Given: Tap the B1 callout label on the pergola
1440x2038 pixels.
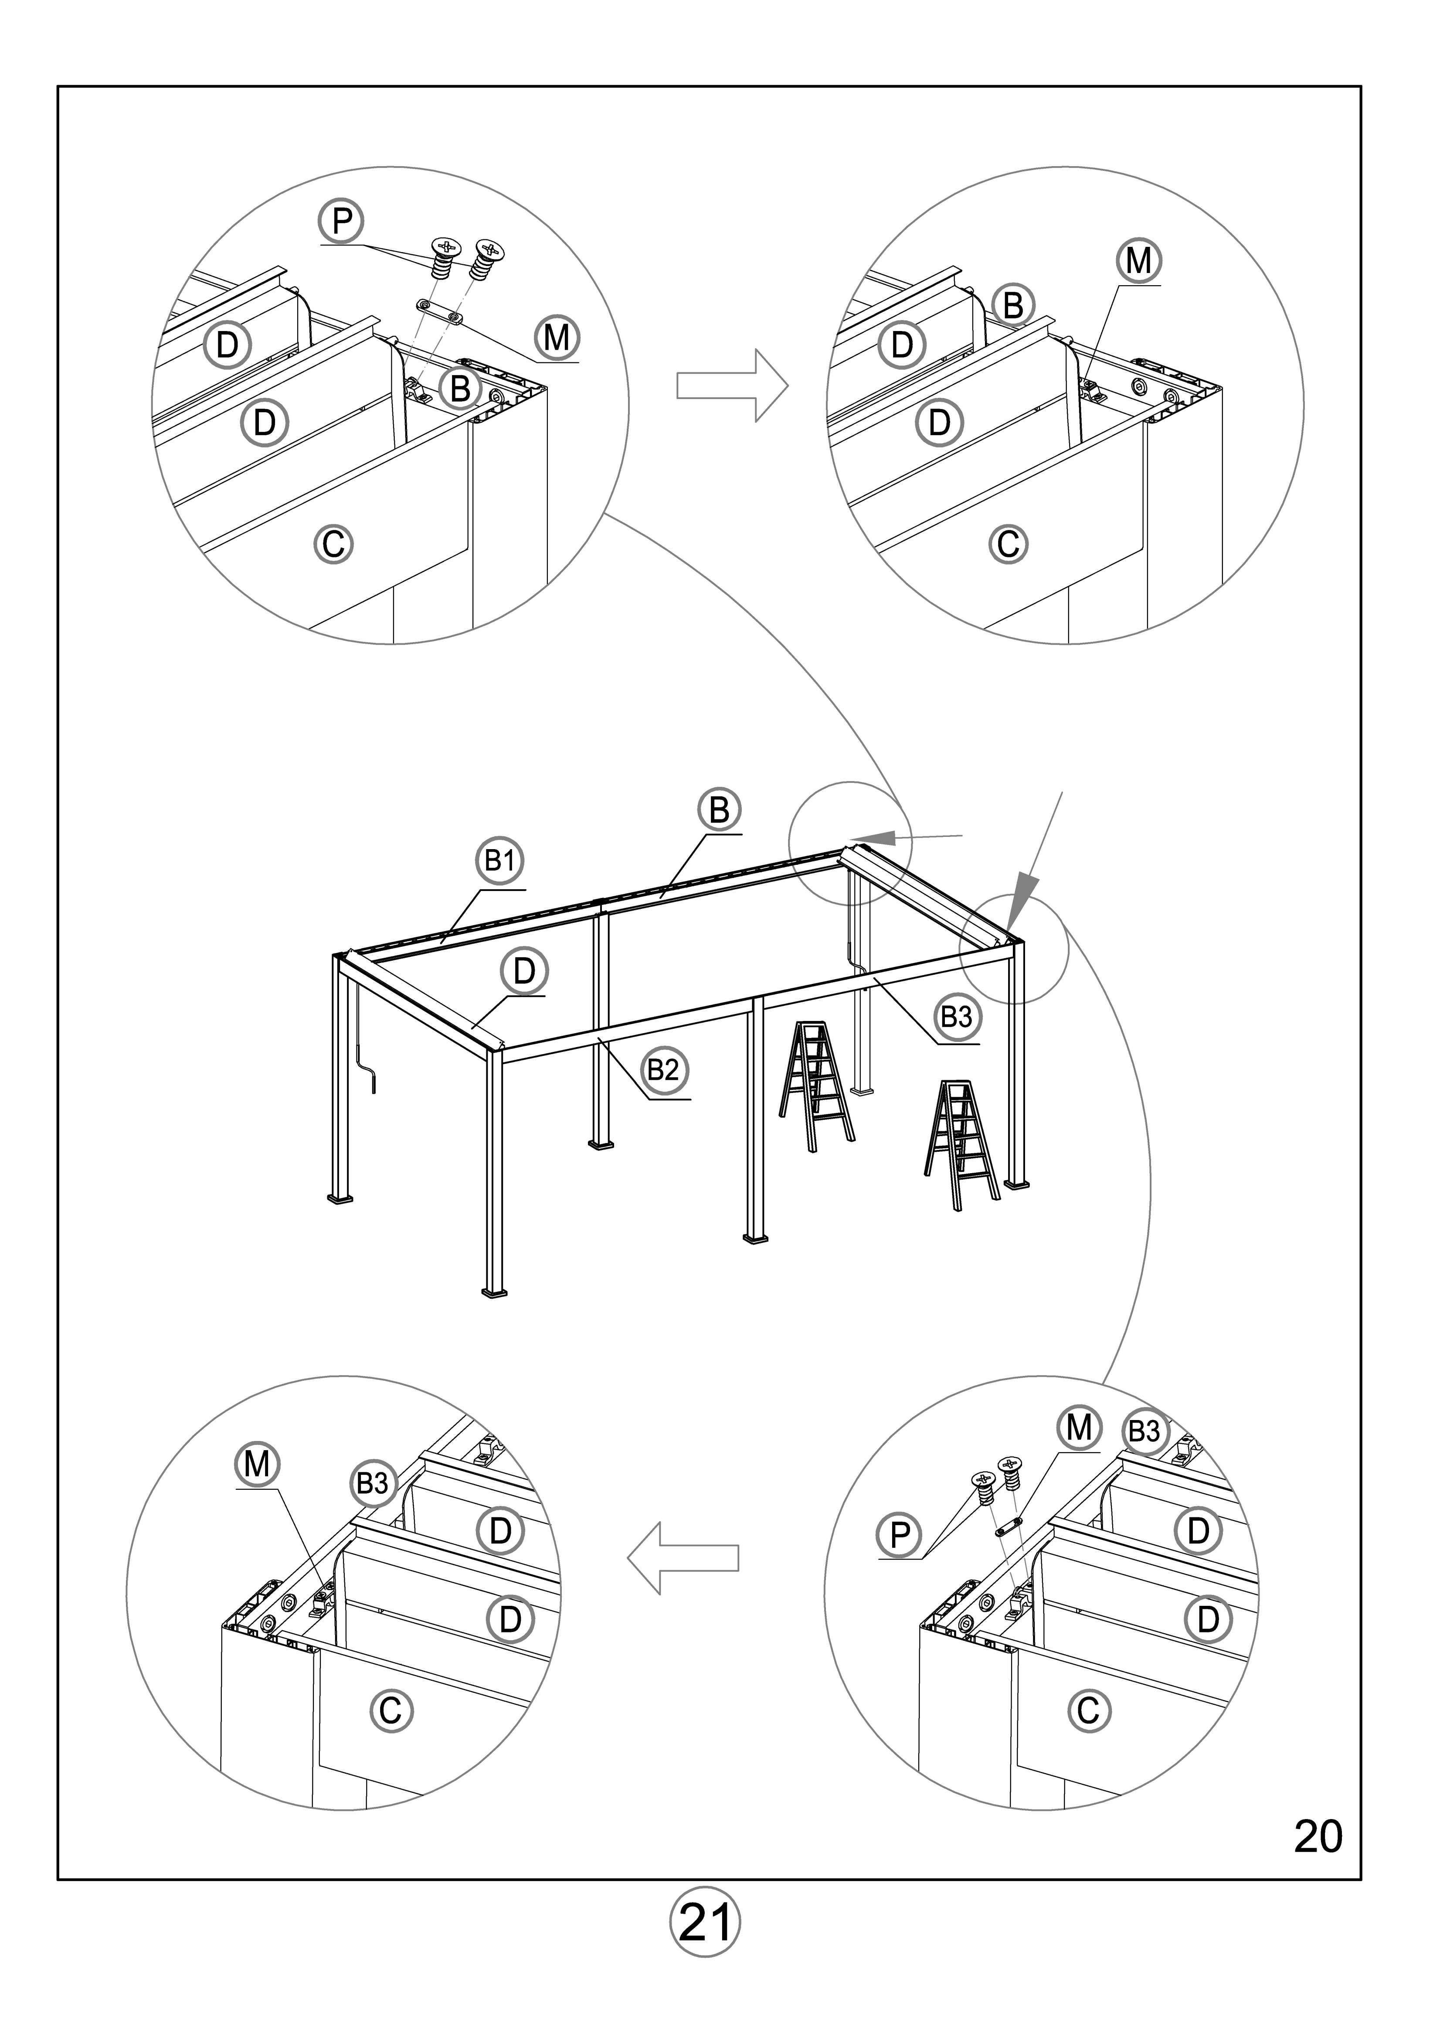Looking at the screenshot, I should (x=499, y=861).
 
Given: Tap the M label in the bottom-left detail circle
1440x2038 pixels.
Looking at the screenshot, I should (x=257, y=1464).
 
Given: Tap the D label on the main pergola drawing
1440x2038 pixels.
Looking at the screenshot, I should (x=524, y=971).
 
